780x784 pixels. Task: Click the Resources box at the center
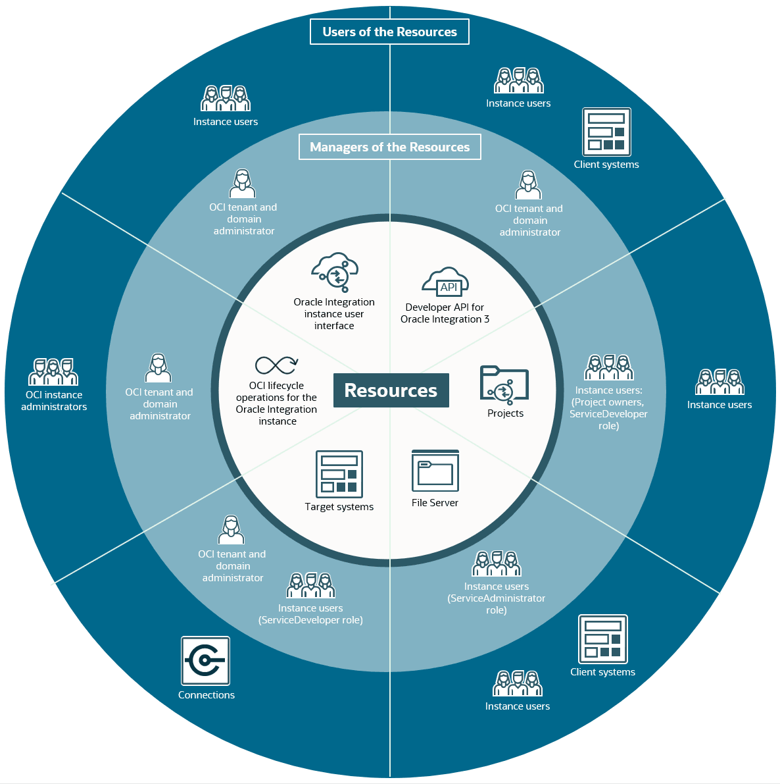[391, 390]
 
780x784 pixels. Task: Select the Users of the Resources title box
[389, 32]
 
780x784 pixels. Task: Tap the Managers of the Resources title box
[390, 147]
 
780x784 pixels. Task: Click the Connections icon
[205, 660]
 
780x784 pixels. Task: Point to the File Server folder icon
[435, 471]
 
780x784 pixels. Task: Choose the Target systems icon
[339, 474]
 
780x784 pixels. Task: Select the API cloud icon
[445, 282]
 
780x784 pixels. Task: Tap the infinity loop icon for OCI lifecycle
[276, 365]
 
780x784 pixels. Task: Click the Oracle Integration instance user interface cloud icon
[334, 272]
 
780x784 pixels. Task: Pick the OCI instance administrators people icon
[53, 371]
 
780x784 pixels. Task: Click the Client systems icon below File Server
[602, 639]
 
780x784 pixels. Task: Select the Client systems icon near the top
[606, 132]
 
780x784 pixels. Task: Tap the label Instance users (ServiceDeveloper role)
[310, 614]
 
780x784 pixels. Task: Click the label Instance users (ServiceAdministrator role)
[496, 598]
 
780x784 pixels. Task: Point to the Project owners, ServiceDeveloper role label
[608, 414]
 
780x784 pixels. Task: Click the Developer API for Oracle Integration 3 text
[445, 313]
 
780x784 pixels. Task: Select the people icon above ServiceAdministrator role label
[496, 563]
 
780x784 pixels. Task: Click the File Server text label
[435, 502]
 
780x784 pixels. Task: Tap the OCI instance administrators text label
[54, 400]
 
